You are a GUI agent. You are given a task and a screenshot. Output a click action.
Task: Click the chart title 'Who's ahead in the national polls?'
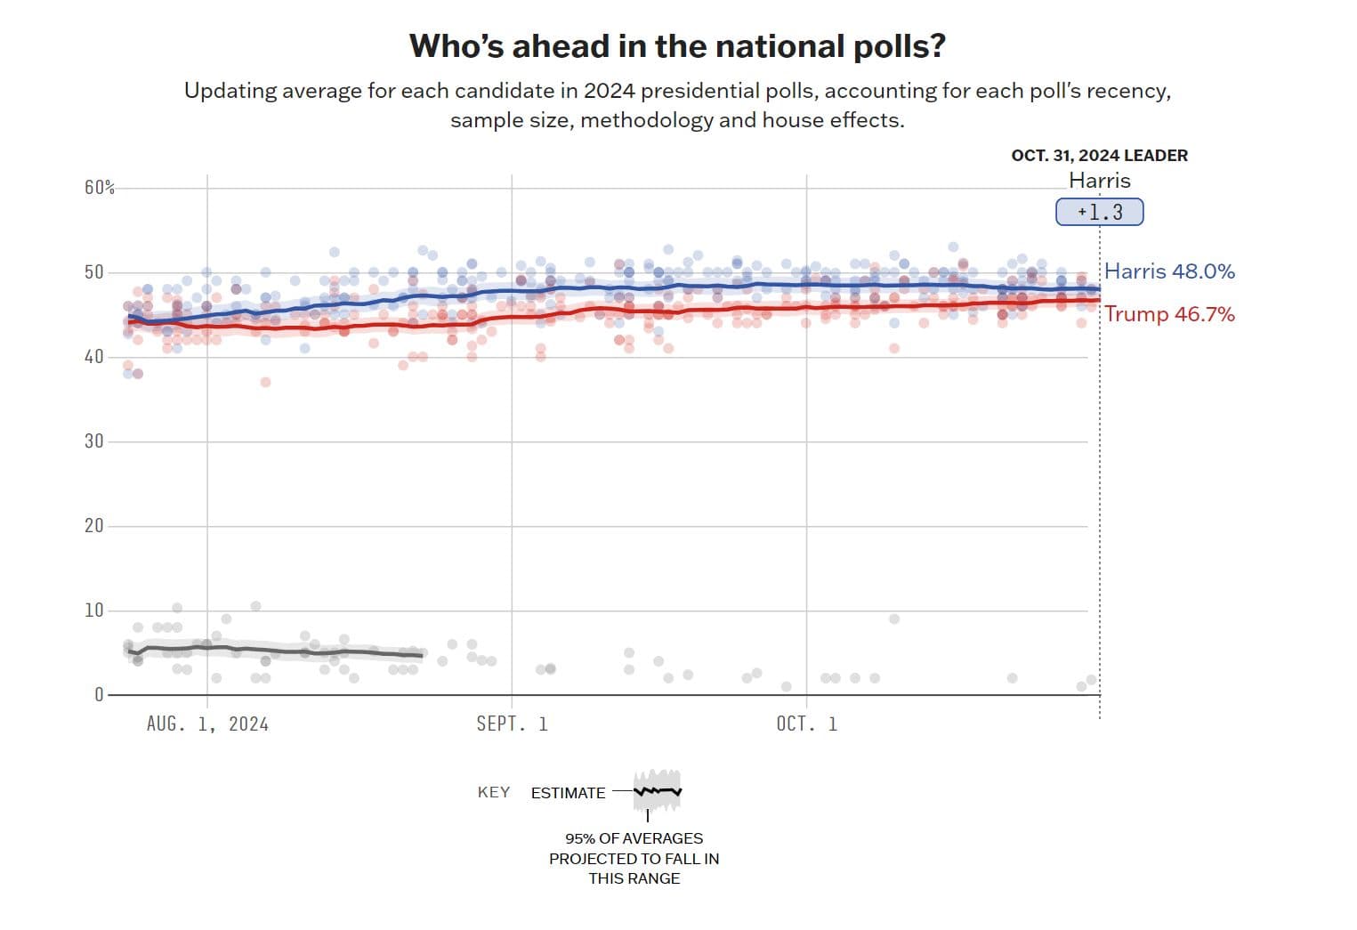pos(677,46)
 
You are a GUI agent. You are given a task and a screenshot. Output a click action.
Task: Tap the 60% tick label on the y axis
pos(100,188)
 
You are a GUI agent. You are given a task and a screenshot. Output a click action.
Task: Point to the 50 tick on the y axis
pos(94,272)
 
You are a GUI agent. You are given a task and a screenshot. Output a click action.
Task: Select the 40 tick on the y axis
pos(94,357)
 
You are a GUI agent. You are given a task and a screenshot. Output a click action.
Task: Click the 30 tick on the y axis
pos(94,441)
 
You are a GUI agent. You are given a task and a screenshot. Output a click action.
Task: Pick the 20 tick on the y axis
pos(94,526)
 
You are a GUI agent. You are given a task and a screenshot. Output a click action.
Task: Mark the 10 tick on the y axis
pos(94,611)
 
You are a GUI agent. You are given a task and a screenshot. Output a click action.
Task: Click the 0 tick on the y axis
pos(99,695)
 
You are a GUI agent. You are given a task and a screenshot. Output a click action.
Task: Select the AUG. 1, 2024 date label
pos(207,724)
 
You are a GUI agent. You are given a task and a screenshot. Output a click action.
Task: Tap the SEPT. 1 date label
pos(512,724)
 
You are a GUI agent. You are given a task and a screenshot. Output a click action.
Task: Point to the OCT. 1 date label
pos(806,724)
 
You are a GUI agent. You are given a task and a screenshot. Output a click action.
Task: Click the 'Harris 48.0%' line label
pos(1169,271)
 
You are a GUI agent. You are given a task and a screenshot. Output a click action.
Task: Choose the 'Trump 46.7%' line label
pos(1169,314)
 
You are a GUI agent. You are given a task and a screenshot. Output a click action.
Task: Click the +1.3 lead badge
pos(1100,213)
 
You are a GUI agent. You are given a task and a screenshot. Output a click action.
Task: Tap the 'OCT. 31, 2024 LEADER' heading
pos(1099,156)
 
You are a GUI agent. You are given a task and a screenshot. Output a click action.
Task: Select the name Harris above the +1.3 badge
pos(1099,181)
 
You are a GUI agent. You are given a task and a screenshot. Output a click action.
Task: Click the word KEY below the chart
pos(494,793)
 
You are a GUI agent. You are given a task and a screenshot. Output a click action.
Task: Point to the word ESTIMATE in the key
pos(568,793)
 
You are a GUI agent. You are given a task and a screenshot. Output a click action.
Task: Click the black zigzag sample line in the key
pos(658,790)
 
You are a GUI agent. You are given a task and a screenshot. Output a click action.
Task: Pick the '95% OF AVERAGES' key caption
pos(634,838)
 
